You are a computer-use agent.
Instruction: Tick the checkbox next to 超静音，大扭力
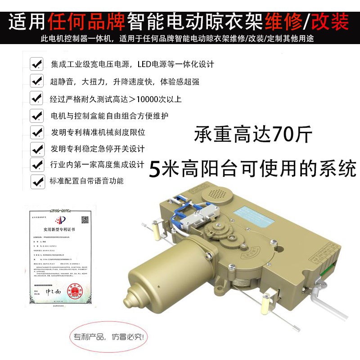click(x=36, y=81)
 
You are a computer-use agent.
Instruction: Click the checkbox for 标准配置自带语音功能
click(x=36, y=181)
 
